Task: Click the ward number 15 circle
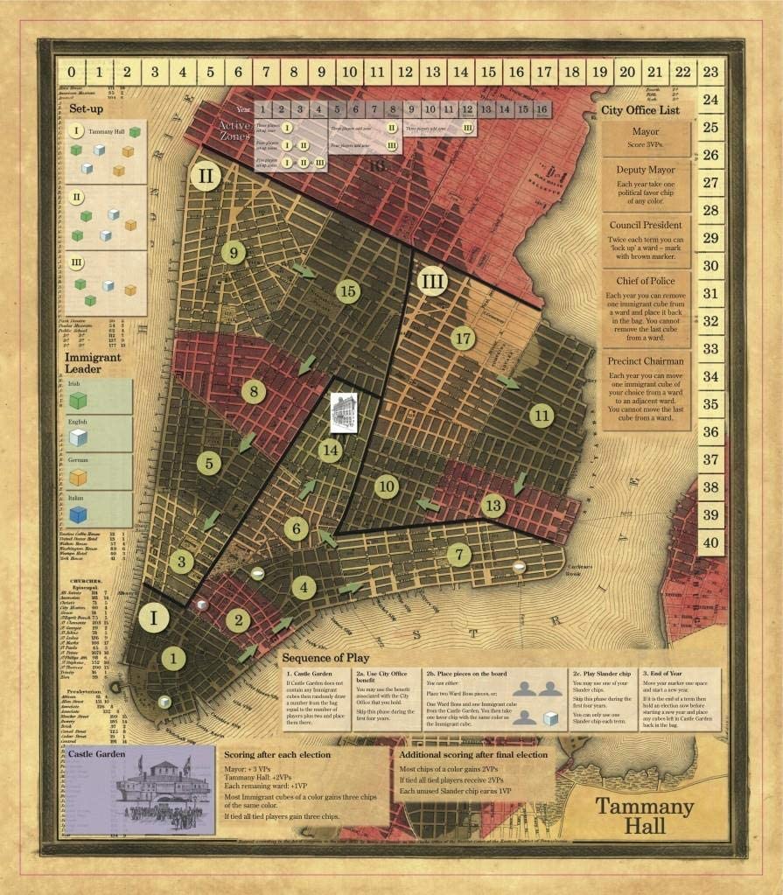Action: coord(348,291)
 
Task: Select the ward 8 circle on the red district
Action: coord(254,391)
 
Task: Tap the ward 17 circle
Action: coord(463,337)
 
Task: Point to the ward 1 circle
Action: coord(173,658)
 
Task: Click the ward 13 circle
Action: coord(493,505)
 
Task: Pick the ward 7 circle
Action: coord(458,555)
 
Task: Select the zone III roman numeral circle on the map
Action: coord(431,283)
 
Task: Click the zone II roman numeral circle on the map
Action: coord(205,176)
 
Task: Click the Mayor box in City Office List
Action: coord(647,138)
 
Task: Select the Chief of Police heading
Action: coord(647,282)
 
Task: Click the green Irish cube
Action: coord(78,400)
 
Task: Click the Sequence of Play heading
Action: coord(326,657)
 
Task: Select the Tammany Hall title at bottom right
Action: coord(645,815)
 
